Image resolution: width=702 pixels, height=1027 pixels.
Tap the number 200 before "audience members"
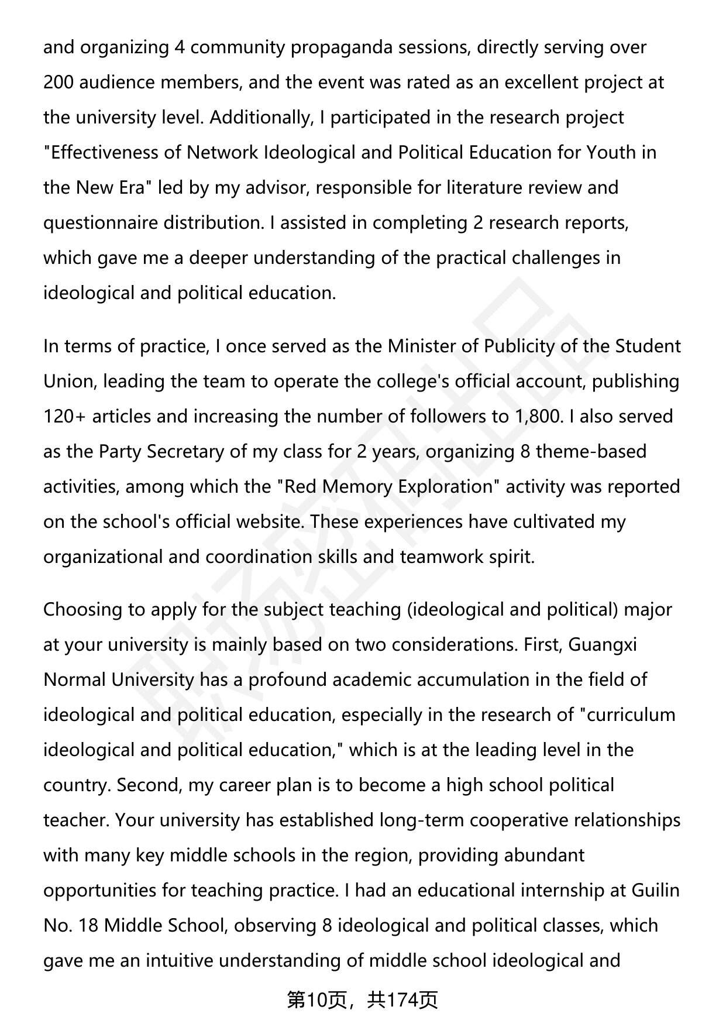click(x=58, y=83)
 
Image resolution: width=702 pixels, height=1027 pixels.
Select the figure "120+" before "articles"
click(x=65, y=417)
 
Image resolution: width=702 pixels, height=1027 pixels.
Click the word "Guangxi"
click(x=603, y=645)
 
